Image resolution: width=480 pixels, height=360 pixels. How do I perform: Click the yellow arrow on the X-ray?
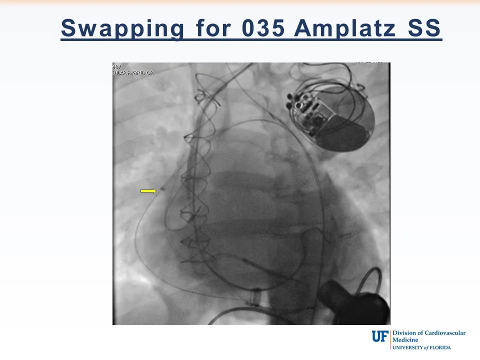point(148,190)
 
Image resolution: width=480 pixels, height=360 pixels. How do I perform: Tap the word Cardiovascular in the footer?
point(442,333)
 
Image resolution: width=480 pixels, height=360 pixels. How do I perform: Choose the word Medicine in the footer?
point(405,340)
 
